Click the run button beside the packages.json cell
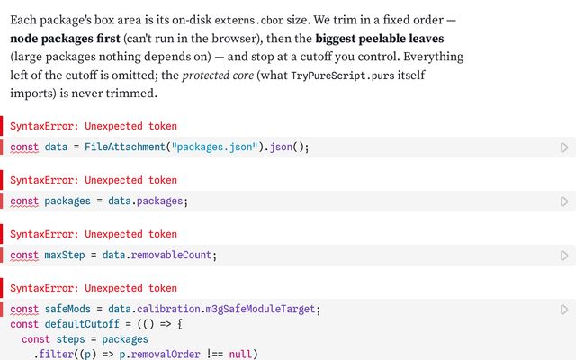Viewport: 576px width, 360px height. click(x=564, y=148)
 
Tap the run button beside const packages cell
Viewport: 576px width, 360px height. click(x=564, y=202)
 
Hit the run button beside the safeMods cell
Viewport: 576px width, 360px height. click(x=564, y=310)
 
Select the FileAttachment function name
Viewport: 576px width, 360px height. click(x=125, y=147)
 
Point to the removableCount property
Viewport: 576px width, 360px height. click(x=171, y=255)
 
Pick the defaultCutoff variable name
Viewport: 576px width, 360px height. click(x=82, y=324)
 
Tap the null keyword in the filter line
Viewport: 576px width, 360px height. click(x=240, y=354)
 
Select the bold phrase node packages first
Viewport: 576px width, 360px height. click(x=65, y=39)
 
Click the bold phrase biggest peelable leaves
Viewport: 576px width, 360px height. click(x=380, y=39)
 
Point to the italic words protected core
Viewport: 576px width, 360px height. click(x=218, y=76)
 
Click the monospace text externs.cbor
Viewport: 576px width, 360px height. click(x=248, y=20)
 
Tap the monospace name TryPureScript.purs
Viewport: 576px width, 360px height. click(x=342, y=76)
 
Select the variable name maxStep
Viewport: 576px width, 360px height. click(x=65, y=255)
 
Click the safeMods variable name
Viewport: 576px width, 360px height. click(x=67, y=309)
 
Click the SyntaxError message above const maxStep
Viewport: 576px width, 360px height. click(x=94, y=234)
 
